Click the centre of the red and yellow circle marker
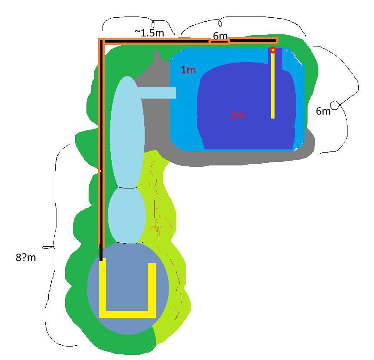(x=273, y=50)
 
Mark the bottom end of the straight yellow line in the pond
(x=273, y=118)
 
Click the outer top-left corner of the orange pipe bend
(x=99, y=38)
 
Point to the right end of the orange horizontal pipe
(x=278, y=41)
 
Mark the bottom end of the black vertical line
(x=101, y=261)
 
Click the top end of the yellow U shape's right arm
(x=152, y=264)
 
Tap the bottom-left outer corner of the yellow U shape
(x=99, y=318)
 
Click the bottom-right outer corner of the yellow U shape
(x=156, y=318)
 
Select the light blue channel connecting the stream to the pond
(x=157, y=93)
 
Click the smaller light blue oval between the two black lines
(x=127, y=215)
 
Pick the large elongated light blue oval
(x=127, y=132)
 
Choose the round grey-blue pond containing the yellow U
(x=128, y=288)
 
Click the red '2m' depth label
(x=237, y=115)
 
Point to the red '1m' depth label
(x=188, y=70)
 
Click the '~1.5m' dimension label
(x=149, y=33)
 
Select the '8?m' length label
(x=26, y=258)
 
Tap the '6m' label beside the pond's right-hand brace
(x=323, y=111)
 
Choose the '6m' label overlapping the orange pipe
(x=220, y=36)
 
